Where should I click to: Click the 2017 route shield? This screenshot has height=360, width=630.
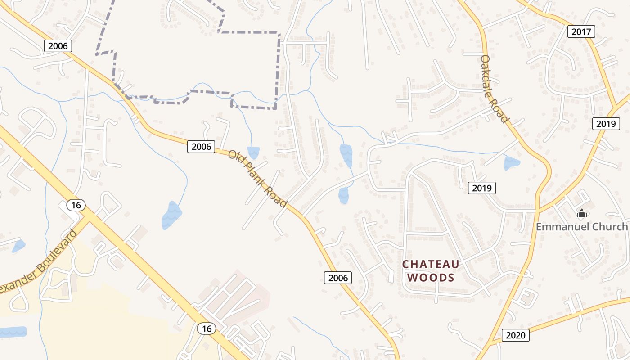click(x=581, y=31)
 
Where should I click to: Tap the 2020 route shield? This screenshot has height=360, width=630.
click(x=516, y=335)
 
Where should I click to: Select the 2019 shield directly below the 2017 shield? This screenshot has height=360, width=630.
click(x=606, y=124)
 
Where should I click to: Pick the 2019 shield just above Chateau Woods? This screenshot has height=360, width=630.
click(x=481, y=188)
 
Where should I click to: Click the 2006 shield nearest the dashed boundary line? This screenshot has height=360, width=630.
click(x=58, y=46)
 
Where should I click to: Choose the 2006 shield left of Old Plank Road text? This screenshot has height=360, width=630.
click(x=201, y=146)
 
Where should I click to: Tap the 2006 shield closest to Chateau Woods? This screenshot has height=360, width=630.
click(x=338, y=278)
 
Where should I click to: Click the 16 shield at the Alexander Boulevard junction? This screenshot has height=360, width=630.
click(x=76, y=205)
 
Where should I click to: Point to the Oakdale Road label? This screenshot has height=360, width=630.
click(x=494, y=89)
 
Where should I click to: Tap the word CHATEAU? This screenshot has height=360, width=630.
click(x=431, y=265)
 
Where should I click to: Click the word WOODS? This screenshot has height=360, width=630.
click(x=431, y=278)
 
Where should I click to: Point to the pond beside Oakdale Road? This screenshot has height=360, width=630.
click(x=511, y=163)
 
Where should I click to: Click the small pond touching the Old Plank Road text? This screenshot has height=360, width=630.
click(x=253, y=153)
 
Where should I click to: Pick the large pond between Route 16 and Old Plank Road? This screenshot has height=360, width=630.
click(x=171, y=216)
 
